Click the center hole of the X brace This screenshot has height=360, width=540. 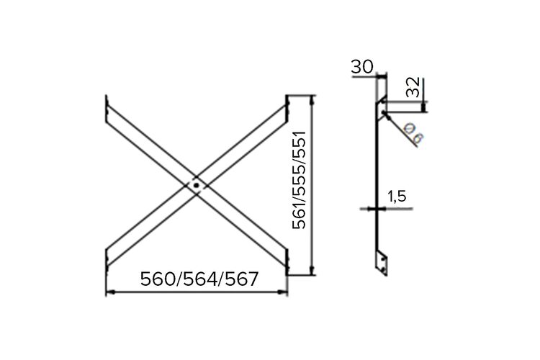[197, 186]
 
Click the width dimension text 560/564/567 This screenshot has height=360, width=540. [199, 279]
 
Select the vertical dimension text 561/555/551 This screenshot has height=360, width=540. [299, 179]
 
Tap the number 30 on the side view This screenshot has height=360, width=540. [362, 67]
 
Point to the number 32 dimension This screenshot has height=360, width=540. [413, 87]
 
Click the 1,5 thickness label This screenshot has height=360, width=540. [397, 197]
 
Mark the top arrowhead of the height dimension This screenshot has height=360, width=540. [312, 100]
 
